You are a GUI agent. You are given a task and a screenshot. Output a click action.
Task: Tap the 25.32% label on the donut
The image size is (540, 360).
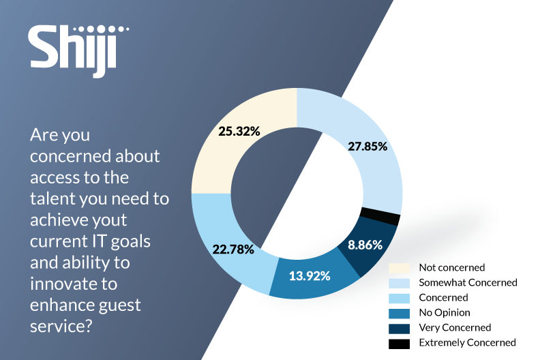(239, 132)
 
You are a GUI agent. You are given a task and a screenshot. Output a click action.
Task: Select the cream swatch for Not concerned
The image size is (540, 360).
(399, 267)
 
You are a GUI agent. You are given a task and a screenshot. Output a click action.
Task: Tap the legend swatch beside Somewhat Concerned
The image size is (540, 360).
(399, 282)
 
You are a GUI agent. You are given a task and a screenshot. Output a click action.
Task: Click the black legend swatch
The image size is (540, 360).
(399, 342)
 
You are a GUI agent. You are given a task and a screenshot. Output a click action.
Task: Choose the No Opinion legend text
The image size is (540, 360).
(445, 312)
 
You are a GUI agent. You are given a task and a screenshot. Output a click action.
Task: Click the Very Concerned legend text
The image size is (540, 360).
(453, 327)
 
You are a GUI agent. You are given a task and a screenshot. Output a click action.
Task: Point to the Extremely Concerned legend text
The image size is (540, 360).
(467, 342)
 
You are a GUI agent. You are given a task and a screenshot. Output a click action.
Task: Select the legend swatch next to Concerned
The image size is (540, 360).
(399, 297)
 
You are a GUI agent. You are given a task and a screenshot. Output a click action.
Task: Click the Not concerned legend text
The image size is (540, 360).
(451, 267)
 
